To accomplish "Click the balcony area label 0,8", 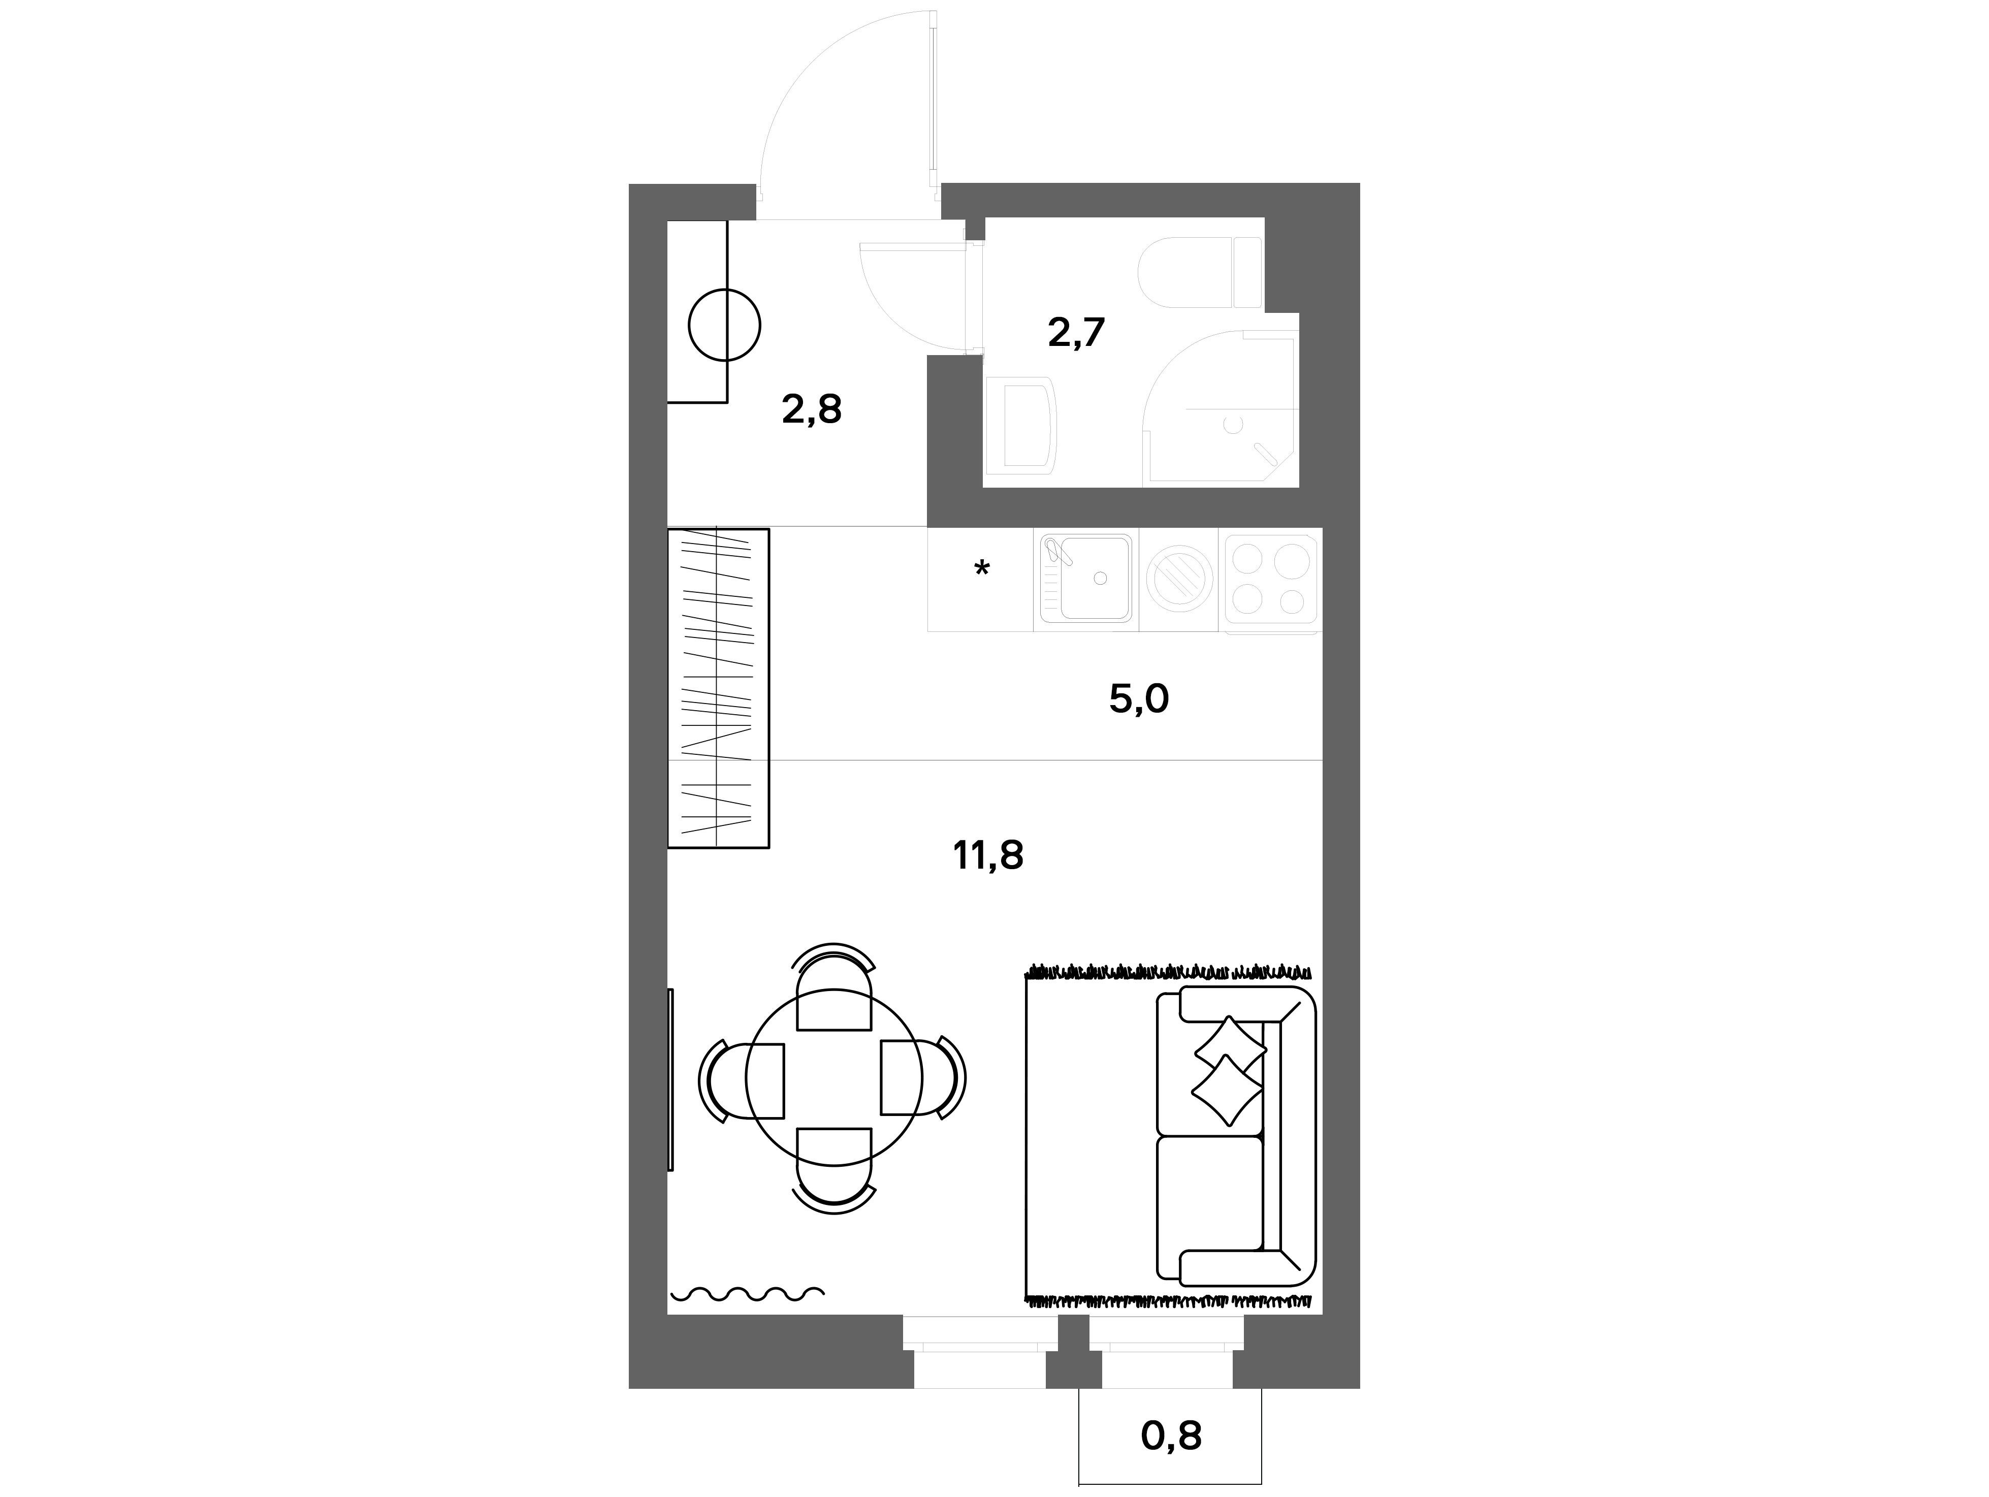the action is point(1171,1436).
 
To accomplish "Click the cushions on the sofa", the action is point(1228,1070).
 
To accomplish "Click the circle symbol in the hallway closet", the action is point(725,325).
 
